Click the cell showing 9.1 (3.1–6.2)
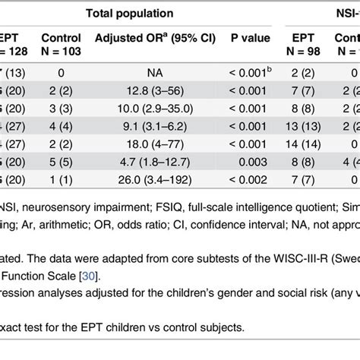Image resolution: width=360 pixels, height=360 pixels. pos(140,124)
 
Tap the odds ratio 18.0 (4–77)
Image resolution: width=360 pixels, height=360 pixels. pos(140,141)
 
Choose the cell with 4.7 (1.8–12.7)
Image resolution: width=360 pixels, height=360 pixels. pos(140,158)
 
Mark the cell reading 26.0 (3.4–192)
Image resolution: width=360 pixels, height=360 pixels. pos(140,175)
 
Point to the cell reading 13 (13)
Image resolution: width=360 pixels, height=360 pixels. pos(302,124)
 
